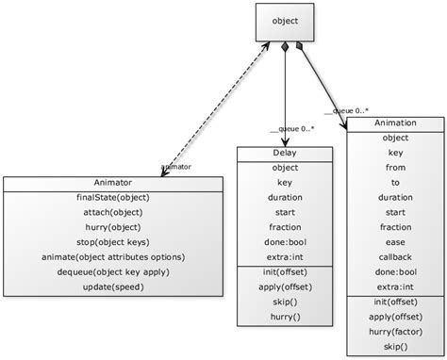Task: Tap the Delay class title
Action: point(284,153)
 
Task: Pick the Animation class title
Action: point(395,123)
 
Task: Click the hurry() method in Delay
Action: point(284,318)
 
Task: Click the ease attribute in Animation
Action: point(395,242)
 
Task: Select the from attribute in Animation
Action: point(395,168)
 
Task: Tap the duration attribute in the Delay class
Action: point(284,198)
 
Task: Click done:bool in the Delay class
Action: point(284,242)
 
